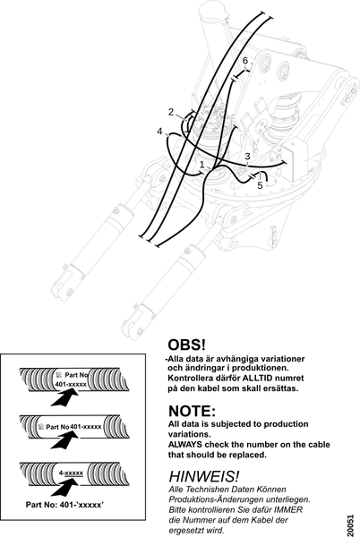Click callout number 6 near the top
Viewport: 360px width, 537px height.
(x=245, y=61)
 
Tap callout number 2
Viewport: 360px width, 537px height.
(x=171, y=112)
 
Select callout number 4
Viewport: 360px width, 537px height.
(x=160, y=132)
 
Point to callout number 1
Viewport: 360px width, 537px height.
(x=202, y=165)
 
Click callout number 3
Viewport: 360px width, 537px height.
(x=247, y=157)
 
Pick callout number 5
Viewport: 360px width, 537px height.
(x=260, y=185)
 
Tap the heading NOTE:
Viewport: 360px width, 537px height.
(x=192, y=411)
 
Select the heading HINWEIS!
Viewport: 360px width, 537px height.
(x=204, y=476)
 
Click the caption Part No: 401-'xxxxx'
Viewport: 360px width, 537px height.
(x=64, y=505)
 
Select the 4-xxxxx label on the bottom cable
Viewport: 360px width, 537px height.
(x=71, y=473)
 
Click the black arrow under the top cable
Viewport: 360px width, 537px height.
(x=64, y=398)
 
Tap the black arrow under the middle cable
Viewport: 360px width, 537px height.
(x=64, y=440)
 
